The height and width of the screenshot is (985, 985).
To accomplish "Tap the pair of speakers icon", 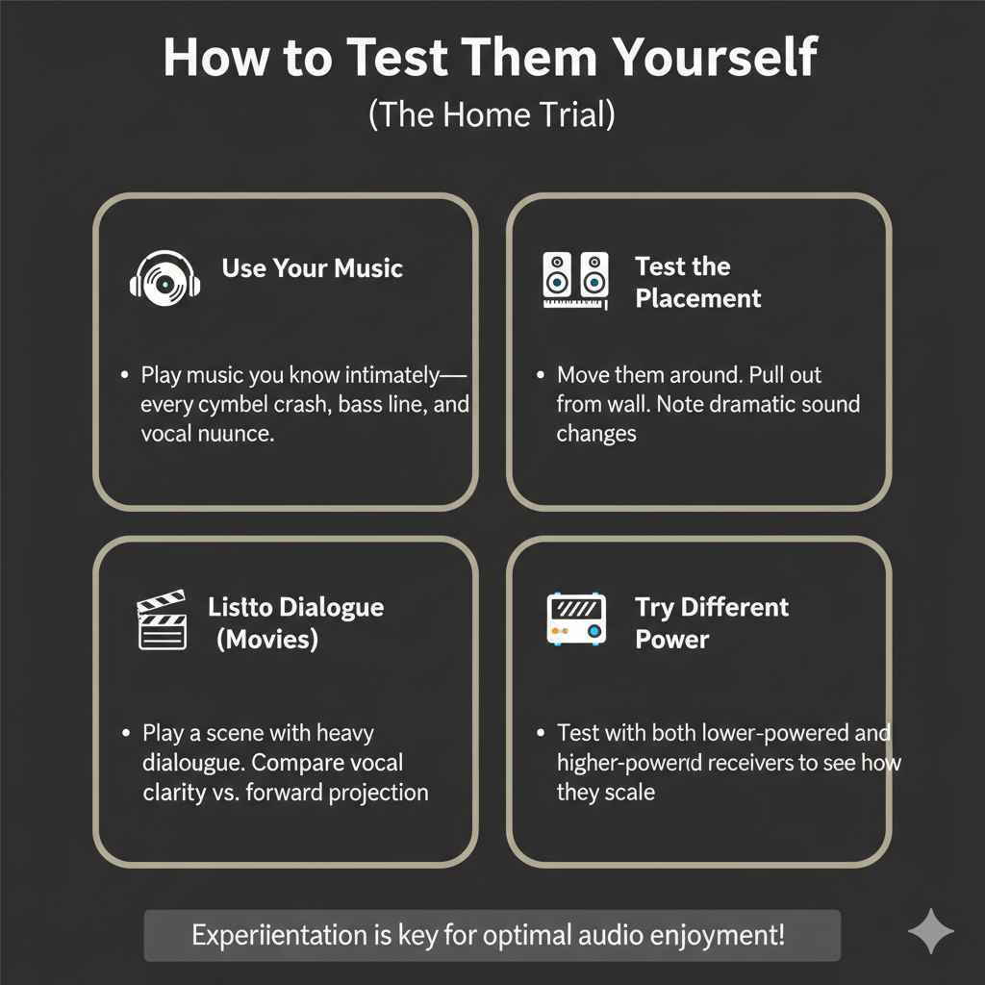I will [x=575, y=281].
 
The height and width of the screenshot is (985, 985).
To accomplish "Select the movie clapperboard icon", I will [x=162, y=620].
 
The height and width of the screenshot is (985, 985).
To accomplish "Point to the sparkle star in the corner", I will [x=930, y=932].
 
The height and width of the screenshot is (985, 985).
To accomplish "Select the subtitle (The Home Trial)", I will [x=492, y=115].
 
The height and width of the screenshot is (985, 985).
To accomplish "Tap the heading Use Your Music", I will [x=312, y=267].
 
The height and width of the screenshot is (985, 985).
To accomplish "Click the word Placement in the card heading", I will [x=697, y=298].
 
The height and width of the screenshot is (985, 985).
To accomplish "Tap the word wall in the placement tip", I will [x=626, y=404].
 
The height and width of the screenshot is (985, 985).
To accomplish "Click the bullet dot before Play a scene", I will [x=127, y=733].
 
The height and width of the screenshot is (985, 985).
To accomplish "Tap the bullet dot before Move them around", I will [x=541, y=374].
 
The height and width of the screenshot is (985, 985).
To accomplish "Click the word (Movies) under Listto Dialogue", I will [x=266, y=639].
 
